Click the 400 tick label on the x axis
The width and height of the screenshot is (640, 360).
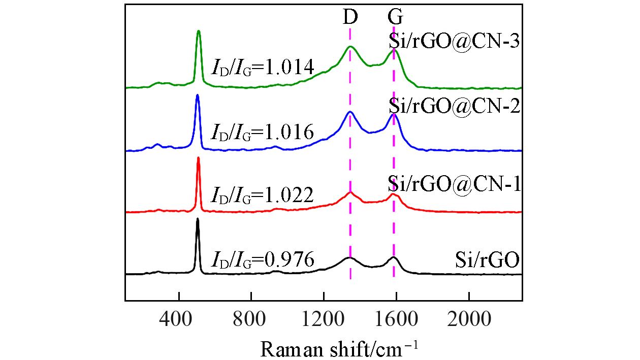pos(179,320)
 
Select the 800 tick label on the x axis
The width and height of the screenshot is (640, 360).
pos(251,320)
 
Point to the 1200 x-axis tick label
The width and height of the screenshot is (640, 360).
pos(324,320)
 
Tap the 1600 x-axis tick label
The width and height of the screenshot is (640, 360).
pos(396,320)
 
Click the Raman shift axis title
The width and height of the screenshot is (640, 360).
pos(340,349)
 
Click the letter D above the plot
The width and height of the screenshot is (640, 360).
pos(350,17)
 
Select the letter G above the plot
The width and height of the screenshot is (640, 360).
pos(395,17)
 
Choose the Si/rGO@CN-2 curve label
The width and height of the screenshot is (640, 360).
pos(454,107)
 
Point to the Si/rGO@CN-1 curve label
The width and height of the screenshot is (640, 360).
pos(454,183)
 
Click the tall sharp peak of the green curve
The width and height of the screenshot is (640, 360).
pos(199,31)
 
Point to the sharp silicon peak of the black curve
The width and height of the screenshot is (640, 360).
pos(198,220)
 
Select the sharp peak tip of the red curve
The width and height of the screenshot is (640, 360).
pos(198,158)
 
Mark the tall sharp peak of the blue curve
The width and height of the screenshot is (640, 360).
pos(198,95)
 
